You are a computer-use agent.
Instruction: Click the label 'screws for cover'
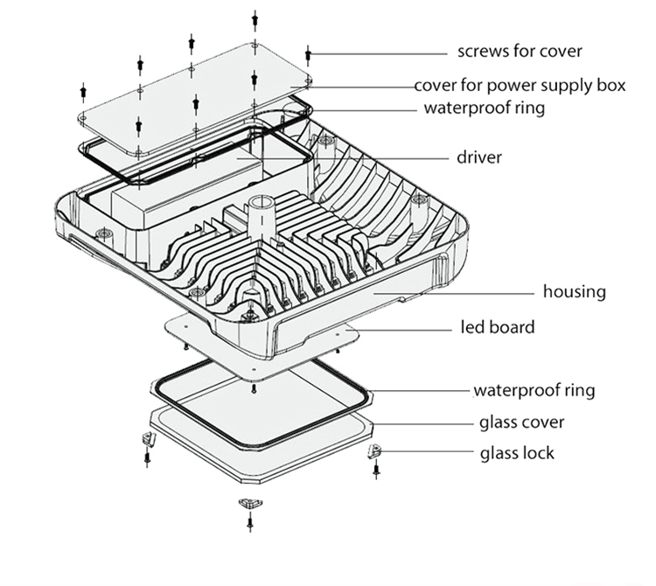click(x=520, y=51)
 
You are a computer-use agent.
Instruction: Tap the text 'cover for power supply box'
click(x=520, y=86)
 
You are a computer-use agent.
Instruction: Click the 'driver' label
click(x=479, y=158)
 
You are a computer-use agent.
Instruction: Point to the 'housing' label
click(x=574, y=291)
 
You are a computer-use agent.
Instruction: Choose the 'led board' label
click(x=498, y=328)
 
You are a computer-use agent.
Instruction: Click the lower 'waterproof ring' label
click(x=534, y=389)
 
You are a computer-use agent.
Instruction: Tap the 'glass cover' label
click(x=521, y=423)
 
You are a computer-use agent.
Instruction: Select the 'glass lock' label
click(x=517, y=453)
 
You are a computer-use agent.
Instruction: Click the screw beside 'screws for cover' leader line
click(x=309, y=53)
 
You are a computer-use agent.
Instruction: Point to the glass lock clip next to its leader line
click(x=374, y=452)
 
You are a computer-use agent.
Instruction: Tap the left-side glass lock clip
click(x=147, y=438)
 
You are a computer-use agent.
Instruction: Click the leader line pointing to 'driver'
click(x=376, y=158)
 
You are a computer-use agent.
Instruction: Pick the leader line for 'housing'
click(x=464, y=292)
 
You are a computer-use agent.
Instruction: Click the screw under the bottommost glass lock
click(x=249, y=522)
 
